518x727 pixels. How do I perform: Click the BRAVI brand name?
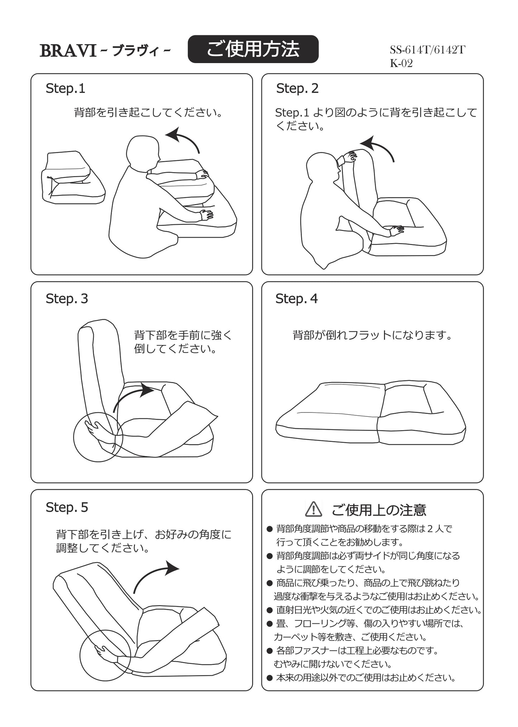(68, 51)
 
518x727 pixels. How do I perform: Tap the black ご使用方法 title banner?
(253, 49)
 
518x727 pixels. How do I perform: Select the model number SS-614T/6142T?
(427, 50)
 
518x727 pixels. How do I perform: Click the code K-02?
(401, 63)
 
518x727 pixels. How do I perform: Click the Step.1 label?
(66, 88)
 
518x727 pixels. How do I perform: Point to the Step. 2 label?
(297, 88)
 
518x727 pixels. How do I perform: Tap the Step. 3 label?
(67, 298)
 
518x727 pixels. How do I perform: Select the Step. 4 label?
(296, 298)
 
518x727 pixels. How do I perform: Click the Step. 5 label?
(67, 507)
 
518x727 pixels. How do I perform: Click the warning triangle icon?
(313, 509)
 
